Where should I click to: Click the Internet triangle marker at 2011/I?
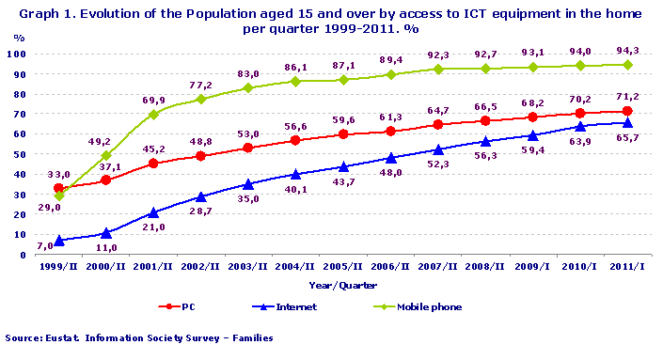[626, 122]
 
